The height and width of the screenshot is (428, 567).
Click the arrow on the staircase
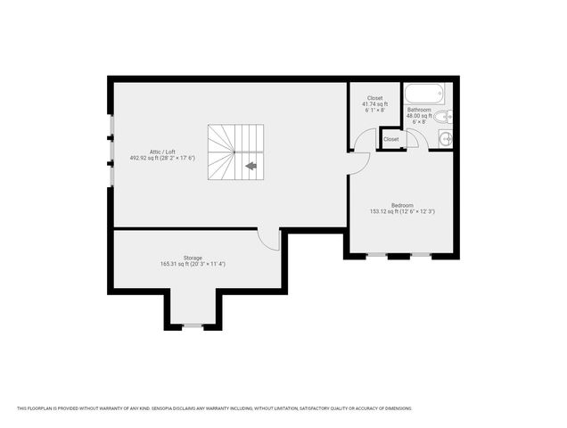click(x=251, y=165)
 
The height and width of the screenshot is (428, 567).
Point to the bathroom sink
click(x=447, y=137)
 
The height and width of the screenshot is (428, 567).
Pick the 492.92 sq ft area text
click(x=161, y=158)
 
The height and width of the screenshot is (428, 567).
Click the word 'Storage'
click(x=193, y=258)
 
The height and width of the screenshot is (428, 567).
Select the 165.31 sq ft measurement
click(x=193, y=264)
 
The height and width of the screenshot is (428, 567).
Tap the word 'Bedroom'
click(x=402, y=205)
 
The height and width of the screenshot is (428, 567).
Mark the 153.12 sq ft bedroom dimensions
click(x=402, y=211)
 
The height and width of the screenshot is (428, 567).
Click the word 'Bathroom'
click(x=419, y=110)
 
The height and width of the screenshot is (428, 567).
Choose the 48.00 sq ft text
click(x=419, y=116)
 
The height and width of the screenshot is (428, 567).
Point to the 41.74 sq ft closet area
click(x=374, y=104)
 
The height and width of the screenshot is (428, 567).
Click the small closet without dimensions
click(x=391, y=140)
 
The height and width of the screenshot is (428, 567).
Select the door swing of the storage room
click(x=269, y=239)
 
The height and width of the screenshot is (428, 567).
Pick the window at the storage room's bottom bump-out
click(x=193, y=326)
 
